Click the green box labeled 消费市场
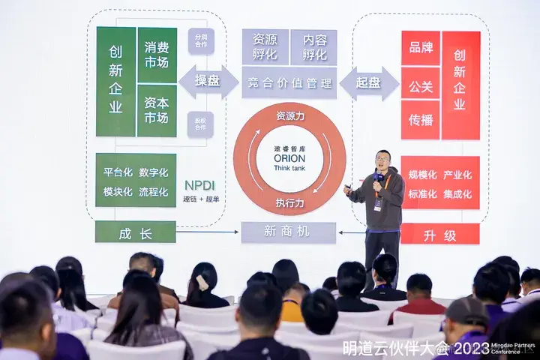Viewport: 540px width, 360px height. tap(156, 54)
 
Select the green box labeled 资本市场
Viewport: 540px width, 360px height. tap(156, 110)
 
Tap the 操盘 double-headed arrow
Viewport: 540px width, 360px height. tap(208, 82)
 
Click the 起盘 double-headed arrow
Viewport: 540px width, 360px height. tap(368, 82)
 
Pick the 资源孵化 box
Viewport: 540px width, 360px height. tap(265, 46)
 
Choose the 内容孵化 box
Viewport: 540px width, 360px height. tap(313, 46)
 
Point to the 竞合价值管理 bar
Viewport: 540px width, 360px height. tap(289, 83)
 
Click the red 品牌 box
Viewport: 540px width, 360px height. tap(420, 48)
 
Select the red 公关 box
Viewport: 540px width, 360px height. tap(420, 87)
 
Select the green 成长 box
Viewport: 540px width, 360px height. tap(135, 232)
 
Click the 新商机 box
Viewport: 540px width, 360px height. tap(289, 233)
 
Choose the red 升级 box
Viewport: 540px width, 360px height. tap(439, 235)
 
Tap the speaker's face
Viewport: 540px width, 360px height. tap(382, 160)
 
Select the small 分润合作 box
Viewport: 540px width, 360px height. tap(202, 40)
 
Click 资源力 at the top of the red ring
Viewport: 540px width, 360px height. tap(289, 117)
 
